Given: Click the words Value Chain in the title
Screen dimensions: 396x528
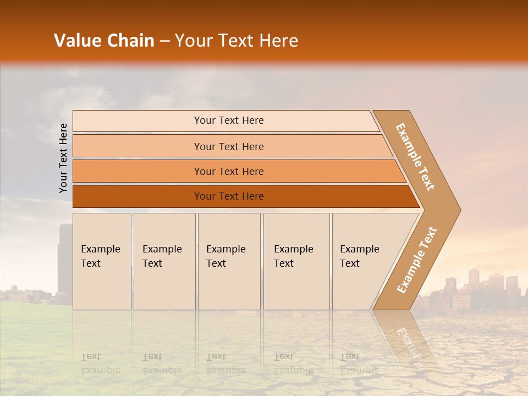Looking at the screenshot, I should (x=104, y=41).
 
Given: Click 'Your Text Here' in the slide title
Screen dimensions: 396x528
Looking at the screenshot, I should (x=237, y=41).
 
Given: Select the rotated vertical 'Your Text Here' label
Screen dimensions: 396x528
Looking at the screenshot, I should (x=64, y=158).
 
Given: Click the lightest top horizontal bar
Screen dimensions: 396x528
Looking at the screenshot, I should (x=228, y=121).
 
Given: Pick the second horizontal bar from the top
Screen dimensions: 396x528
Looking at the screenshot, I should (x=228, y=146).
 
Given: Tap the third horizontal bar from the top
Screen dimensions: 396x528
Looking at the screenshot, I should (x=228, y=172).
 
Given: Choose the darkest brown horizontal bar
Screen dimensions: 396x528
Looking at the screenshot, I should (x=228, y=196).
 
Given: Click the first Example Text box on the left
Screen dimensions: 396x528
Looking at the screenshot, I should (x=102, y=261).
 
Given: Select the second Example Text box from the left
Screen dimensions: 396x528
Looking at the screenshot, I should (x=164, y=261).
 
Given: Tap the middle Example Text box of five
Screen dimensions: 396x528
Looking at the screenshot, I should (x=229, y=261).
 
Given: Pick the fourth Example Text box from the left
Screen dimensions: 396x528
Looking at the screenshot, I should (x=296, y=261).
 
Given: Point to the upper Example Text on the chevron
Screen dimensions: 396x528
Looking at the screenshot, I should (x=415, y=157).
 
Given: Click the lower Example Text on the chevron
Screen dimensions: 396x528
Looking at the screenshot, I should (x=417, y=260).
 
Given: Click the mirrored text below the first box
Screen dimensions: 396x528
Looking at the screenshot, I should (x=101, y=363).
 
